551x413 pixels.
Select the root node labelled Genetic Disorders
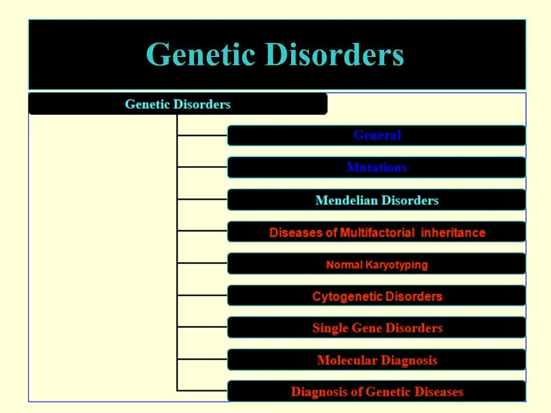click(x=178, y=104)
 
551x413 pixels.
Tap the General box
click(x=377, y=136)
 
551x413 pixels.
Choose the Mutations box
click(x=377, y=167)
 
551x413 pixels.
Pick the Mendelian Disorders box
click(x=377, y=201)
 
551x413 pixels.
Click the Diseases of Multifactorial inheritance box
click(x=377, y=233)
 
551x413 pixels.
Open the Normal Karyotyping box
click(x=377, y=265)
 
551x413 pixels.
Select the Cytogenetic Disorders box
click(x=377, y=296)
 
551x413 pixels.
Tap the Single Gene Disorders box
click(x=377, y=328)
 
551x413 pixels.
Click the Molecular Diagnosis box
click(x=377, y=360)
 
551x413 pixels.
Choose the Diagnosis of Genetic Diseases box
click(x=377, y=392)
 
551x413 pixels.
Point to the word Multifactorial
click(x=377, y=233)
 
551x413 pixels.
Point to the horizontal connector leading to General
click(x=202, y=136)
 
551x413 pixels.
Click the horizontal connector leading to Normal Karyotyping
click(x=202, y=263)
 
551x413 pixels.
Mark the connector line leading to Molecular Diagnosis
click(x=202, y=359)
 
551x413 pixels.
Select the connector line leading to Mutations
click(x=202, y=167)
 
